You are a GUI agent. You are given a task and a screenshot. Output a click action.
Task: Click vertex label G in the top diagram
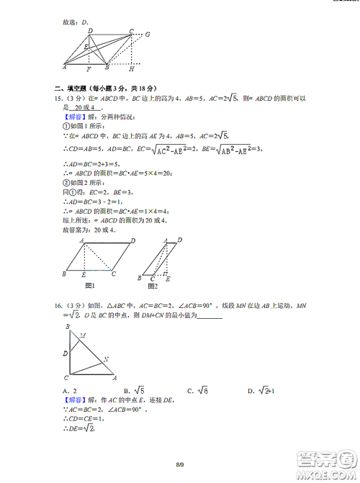(147, 34)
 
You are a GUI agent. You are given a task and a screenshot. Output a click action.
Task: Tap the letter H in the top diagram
(132, 70)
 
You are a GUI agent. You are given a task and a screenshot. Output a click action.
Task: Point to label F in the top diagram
(88, 70)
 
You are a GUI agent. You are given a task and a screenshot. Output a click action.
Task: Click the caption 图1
(90, 284)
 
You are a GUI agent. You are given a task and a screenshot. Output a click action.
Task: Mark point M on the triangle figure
(84, 335)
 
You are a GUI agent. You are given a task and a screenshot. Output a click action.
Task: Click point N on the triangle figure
(107, 360)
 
